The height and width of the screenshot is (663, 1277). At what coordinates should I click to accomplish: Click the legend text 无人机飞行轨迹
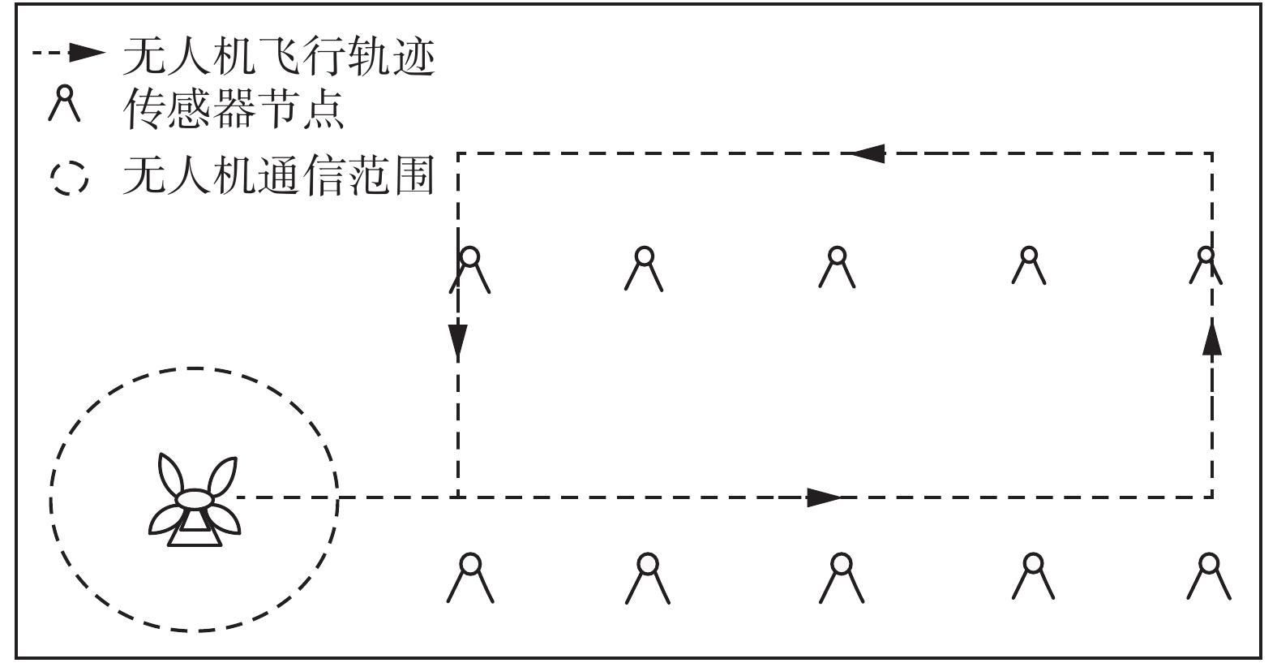[x=279, y=57]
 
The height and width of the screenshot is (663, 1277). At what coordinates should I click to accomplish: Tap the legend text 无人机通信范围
[x=279, y=174]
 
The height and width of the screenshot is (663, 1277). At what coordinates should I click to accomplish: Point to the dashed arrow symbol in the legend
[x=70, y=54]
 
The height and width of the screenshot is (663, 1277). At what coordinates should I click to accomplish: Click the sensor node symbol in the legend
[x=64, y=103]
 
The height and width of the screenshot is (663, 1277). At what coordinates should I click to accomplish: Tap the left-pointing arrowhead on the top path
[x=867, y=153]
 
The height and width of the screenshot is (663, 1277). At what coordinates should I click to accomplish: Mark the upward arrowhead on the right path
[x=1212, y=338]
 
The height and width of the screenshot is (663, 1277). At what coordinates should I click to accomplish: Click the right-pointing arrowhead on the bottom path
[x=825, y=497]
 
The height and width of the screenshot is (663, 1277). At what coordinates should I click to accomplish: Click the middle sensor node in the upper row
[x=837, y=267]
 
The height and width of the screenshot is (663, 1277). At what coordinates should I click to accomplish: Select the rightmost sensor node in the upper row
[x=1206, y=266]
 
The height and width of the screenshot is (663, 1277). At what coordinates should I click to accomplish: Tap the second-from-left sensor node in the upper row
[x=644, y=269]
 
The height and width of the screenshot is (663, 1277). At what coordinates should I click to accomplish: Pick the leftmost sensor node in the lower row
[x=470, y=577]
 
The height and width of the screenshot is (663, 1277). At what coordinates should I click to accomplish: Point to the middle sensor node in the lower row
[x=842, y=577]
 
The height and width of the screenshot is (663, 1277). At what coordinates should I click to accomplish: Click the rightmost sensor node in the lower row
[x=1209, y=575]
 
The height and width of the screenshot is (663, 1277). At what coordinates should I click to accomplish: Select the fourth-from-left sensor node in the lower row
[x=1033, y=575]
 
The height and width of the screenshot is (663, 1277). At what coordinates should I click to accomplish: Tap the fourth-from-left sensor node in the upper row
[x=1029, y=265]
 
